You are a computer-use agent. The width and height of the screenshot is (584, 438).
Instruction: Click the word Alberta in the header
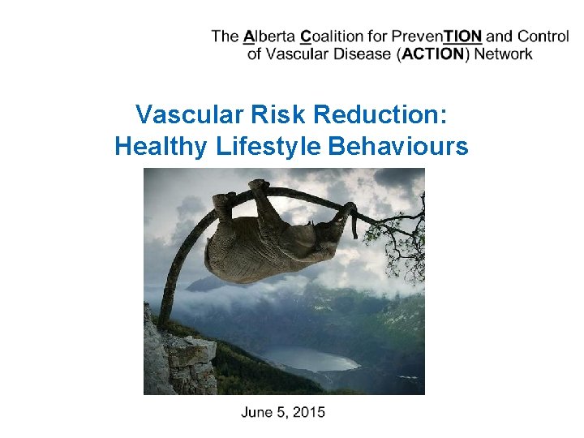(x=269, y=36)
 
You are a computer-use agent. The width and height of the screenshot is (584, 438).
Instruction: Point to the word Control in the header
(x=543, y=36)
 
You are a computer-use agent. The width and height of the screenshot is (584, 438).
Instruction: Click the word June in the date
(x=258, y=412)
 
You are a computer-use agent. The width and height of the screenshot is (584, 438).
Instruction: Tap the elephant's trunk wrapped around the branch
(x=349, y=214)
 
